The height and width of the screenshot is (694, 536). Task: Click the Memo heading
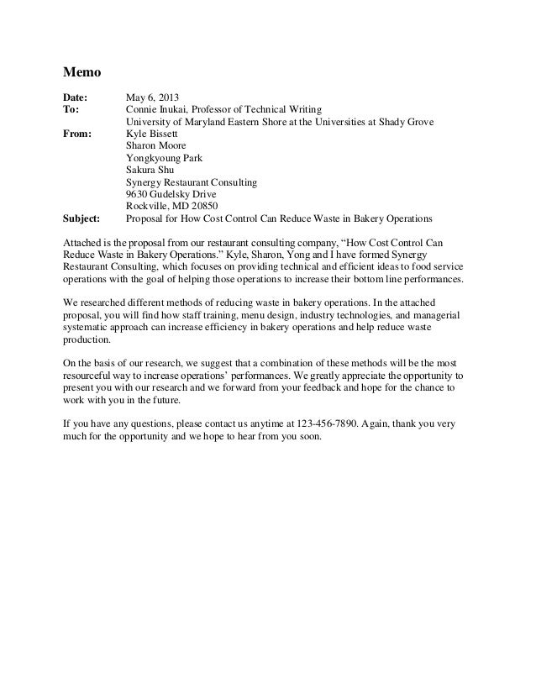click(x=82, y=72)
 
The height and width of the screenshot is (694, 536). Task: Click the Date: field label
click(x=77, y=96)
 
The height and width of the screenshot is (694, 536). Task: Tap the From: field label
click(x=79, y=133)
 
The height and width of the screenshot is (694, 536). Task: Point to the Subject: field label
click(x=82, y=218)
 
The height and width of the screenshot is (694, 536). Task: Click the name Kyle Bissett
click(x=152, y=133)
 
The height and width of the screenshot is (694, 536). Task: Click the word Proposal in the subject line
click(x=145, y=218)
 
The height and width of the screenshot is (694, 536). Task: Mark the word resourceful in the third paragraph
click(x=94, y=376)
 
